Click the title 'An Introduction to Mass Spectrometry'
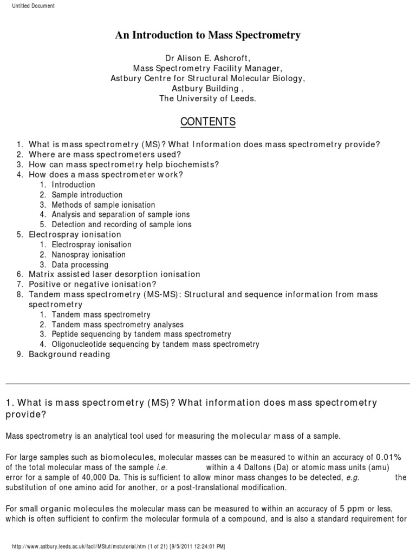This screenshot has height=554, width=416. click(x=207, y=36)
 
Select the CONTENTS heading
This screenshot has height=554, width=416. click(x=207, y=122)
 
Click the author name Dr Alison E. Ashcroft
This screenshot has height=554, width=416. click(x=207, y=58)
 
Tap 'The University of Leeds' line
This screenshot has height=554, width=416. click(x=207, y=98)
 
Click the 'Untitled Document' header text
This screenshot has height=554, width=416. click(x=33, y=6)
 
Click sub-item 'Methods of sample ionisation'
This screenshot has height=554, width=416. click(x=103, y=205)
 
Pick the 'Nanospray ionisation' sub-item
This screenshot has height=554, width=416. click(x=88, y=255)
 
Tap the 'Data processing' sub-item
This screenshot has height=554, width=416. click(x=80, y=265)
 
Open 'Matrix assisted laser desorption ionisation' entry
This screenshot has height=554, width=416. click(x=114, y=275)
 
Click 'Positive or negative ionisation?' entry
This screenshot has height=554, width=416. click(x=92, y=285)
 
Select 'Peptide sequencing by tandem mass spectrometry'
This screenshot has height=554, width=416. click(x=141, y=334)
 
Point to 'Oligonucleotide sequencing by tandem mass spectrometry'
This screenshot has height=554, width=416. click(x=155, y=344)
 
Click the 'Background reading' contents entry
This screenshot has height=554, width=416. click(x=69, y=354)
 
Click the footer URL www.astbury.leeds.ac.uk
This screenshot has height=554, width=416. click(x=103, y=547)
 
